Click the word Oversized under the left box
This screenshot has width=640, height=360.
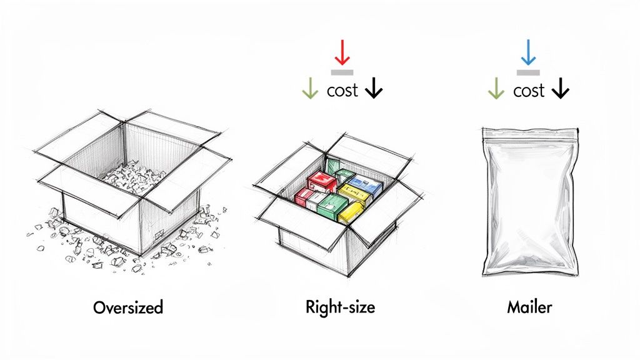click(128, 307)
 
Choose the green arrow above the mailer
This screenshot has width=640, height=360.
click(496, 91)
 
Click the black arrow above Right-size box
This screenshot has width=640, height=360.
click(373, 91)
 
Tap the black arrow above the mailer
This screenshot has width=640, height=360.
click(561, 91)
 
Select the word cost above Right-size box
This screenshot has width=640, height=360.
click(342, 91)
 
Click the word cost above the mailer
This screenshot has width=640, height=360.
click(529, 91)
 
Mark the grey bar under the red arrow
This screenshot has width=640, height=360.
click(342, 72)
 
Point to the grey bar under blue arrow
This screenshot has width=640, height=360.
click(529, 72)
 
